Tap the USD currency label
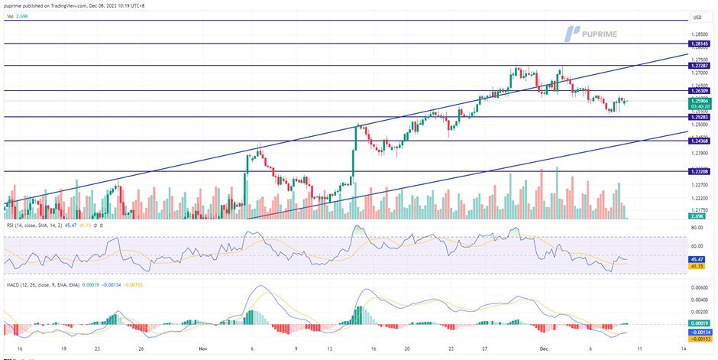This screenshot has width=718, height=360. tap(697, 17)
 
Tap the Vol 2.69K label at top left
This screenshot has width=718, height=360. tap(17, 15)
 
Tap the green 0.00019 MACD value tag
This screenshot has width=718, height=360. tap(700, 323)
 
